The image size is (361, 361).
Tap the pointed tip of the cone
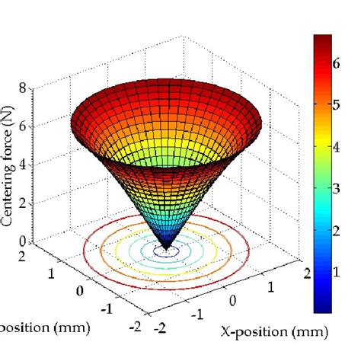(x=166, y=246)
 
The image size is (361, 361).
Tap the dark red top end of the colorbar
(x=322, y=38)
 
